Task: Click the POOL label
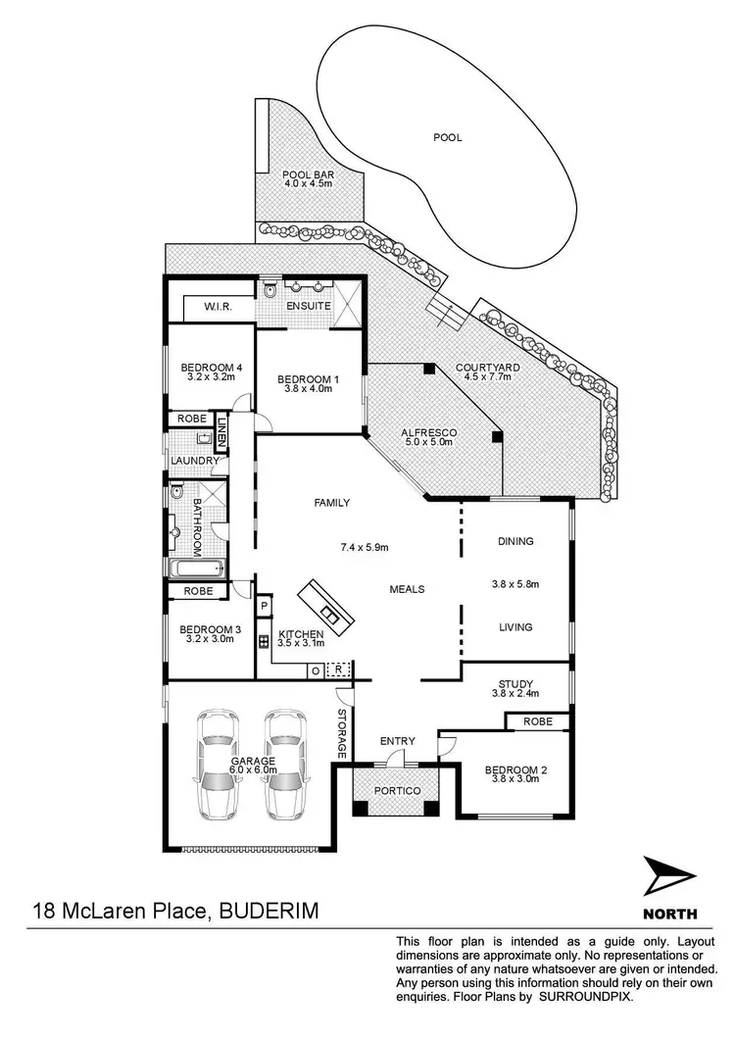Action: [x=448, y=138]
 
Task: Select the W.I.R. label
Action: [x=217, y=307]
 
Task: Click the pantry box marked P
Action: [x=264, y=608]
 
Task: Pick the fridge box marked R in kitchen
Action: [x=338, y=669]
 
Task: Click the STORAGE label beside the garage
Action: [x=341, y=733]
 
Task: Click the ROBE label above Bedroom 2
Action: [x=537, y=721]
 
